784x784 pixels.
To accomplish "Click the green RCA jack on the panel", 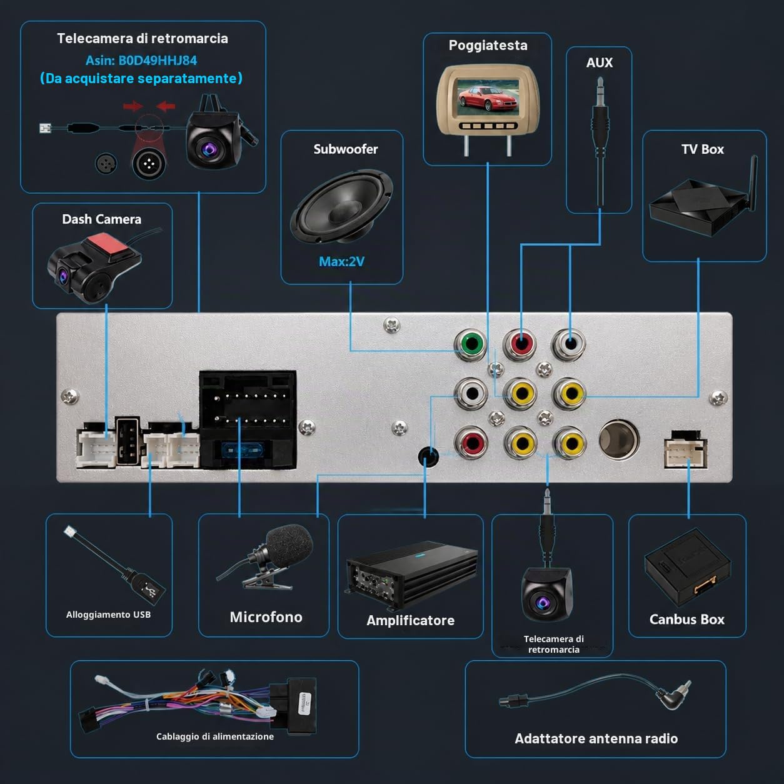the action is pyautogui.click(x=471, y=344).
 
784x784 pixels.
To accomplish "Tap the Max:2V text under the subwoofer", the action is pyautogui.click(x=341, y=261).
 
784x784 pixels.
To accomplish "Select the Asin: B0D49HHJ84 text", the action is pyautogui.click(x=141, y=61).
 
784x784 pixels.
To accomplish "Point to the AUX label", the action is pyautogui.click(x=600, y=63).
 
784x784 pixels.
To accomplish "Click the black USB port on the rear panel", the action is pyautogui.click(x=127, y=441).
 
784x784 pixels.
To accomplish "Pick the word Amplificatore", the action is pyautogui.click(x=411, y=620).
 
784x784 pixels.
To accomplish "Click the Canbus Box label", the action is pyautogui.click(x=686, y=619).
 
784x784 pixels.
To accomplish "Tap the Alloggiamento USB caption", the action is pyautogui.click(x=109, y=615).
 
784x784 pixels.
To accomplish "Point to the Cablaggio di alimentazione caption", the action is pyautogui.click(x=215, y=736).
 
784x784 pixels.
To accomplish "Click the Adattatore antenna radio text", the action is pyautogui.click(x=596, y=738).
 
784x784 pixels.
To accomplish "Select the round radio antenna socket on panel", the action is pyautogui.click(x=619, y=440).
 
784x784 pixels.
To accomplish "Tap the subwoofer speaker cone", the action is pyautogui.click(x=342, y=207).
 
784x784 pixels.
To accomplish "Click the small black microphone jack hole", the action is pyautogui.click(x=428, y=456).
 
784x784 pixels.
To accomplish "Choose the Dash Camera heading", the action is pyautogui.click(x=102, y=219).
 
